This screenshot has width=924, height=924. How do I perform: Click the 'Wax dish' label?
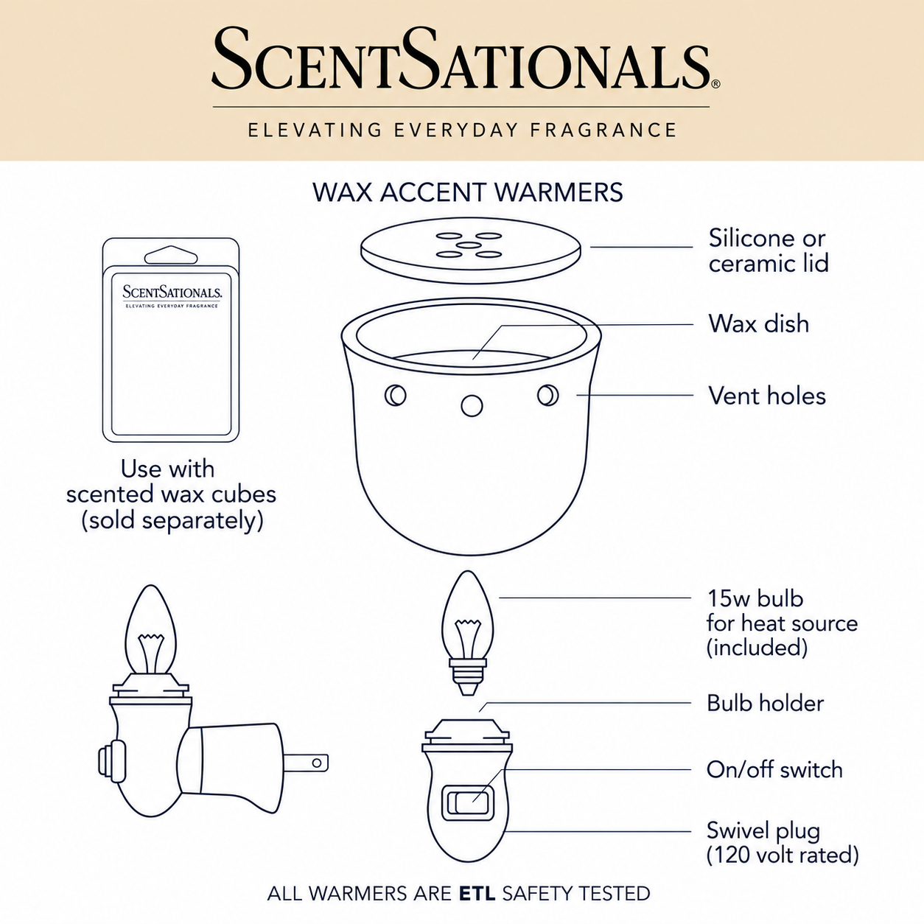tap(758, 323)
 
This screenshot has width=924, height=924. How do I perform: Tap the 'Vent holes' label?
tap(767, 396)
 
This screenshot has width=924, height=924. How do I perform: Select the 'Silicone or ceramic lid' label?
tap(769, 251)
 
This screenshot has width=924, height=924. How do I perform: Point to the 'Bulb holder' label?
tap(766, 704)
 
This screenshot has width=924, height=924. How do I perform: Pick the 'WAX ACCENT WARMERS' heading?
tap(467, 192)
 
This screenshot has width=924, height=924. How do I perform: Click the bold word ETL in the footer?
tap(477, 893)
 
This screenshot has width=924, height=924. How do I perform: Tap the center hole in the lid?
tap(469, 245)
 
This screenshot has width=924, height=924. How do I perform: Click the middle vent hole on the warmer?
tap(472, 406)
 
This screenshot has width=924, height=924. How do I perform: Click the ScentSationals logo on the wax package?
tap(172, 292)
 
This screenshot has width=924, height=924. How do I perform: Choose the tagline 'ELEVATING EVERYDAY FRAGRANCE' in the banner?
tap(462, 130)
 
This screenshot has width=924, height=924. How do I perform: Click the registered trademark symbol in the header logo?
tap(716, 84)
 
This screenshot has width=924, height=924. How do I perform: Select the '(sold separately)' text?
tap(172, 521)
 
